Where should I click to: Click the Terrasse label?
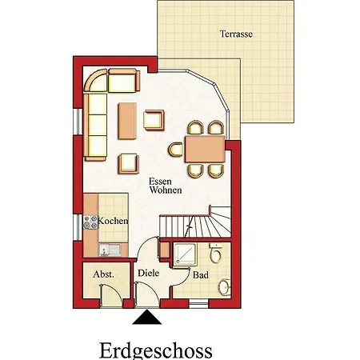(x=236, y=34)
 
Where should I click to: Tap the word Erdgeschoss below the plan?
(x=156, y=350)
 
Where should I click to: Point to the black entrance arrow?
(x=146, y=317)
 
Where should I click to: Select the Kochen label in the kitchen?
(x=113, y=221)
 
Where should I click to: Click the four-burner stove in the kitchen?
(x=90, y=222)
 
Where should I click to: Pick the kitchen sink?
(x=110, y=250)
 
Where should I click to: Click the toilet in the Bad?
(x=215, y=253)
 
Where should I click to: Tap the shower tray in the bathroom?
(x=185, y=254)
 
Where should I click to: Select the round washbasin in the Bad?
(x=225, y=287)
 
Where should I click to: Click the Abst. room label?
(x=103, y=274)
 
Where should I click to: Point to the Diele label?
(x=148, y=273)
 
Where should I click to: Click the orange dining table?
(x=205, y=149)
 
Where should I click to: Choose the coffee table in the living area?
(x=127, y=122)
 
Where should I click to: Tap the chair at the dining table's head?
(x=175, y=150)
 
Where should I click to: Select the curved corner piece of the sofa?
(x=96, y=80)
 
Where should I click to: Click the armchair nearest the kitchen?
(x=129, y=164)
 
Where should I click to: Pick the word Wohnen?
(x=166, y=190)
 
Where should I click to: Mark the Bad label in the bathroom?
(x=201, y=275)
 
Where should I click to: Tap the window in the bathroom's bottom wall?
(x=198, y=303)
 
